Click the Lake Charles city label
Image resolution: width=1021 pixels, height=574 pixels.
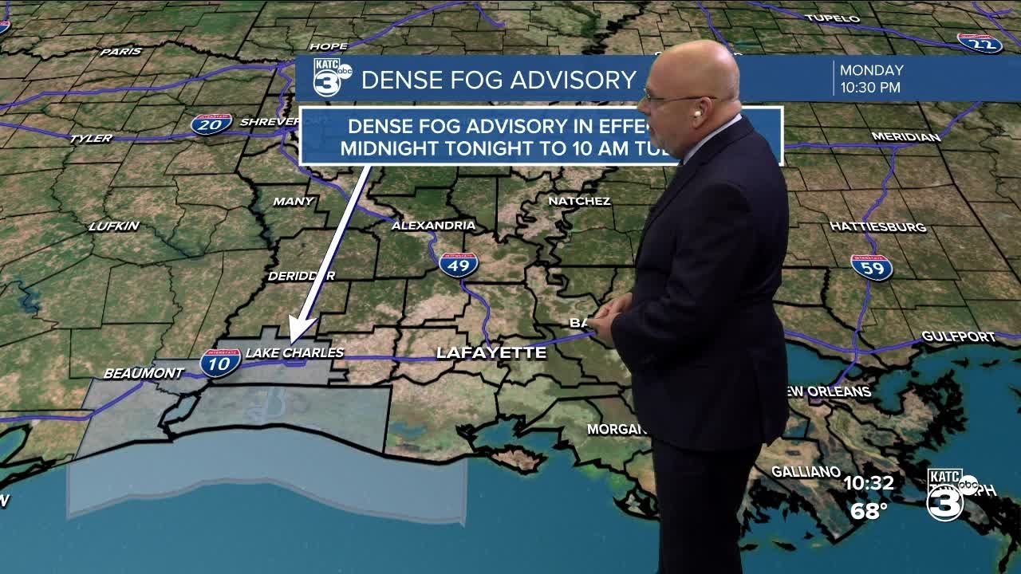pos(294,352)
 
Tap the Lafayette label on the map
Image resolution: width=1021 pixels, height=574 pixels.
pos(491,352)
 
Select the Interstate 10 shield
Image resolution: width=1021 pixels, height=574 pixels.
pos(220,362)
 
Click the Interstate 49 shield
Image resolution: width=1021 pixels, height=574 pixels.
pos(458,265)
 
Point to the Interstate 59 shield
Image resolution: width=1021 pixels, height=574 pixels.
pos(871,267)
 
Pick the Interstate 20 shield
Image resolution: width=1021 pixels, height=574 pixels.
pos(211,124)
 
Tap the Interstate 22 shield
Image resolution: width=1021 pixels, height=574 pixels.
pos(980,43)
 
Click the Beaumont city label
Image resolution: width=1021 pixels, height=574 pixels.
pos(144,373)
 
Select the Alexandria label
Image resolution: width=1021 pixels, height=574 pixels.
pos(433,226)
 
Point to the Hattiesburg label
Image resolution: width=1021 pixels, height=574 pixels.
pos(877,227)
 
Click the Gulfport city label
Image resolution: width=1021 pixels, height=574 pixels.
pos(958,337)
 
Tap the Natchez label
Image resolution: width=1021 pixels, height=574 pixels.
pos(579,201)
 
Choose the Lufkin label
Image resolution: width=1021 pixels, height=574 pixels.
pos(114,226)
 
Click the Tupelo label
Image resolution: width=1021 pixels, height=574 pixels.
pos(832,18)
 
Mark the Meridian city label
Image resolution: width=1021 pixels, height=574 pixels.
pos(905,137)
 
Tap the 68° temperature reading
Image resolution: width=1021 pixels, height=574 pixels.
pos(869,511)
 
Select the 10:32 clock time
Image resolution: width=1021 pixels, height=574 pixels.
pos(869,483)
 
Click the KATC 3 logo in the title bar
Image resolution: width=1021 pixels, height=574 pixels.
pos(331,78)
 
